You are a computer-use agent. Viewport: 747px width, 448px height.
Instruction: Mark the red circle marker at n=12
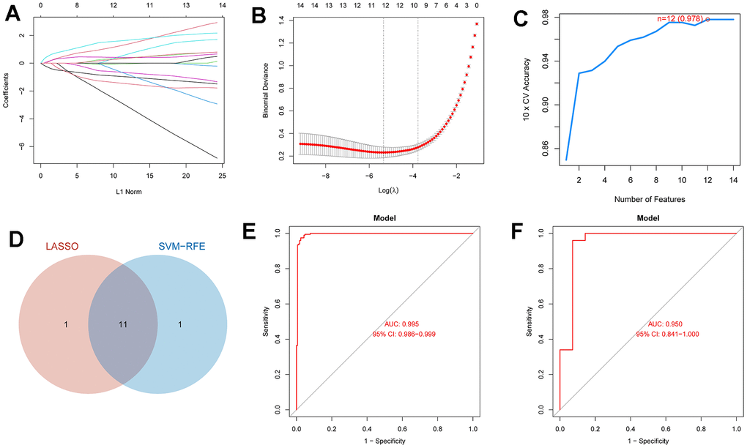click(708, 19)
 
